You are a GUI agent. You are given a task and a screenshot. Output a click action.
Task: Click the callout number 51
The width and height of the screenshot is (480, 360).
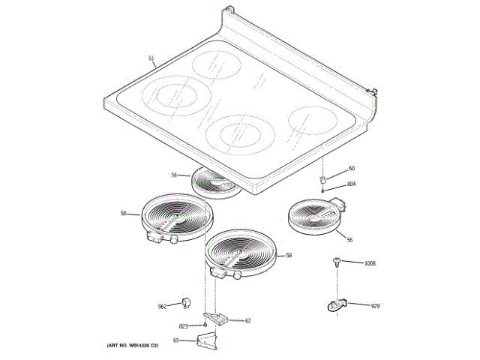(x=151, y=58)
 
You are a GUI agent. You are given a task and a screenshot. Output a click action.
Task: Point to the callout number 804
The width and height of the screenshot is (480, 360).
(x=352, y=184)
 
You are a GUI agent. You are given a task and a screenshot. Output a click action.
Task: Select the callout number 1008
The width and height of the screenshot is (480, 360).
(x=369, y=263)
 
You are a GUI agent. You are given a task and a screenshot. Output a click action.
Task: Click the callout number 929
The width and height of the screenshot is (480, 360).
(x=375, y=306)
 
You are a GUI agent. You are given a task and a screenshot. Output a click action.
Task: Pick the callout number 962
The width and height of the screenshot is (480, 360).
(x=162, y=306)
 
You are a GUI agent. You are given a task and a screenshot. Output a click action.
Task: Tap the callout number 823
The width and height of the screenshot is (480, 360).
(x=183, y=325)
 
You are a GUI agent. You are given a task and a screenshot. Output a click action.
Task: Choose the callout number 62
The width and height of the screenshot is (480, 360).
(x=248, y=320)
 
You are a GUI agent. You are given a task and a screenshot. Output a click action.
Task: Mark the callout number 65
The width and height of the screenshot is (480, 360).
(x=175, y=340)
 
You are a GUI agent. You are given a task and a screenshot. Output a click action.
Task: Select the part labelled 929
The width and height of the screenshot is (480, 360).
(x=336, y=304)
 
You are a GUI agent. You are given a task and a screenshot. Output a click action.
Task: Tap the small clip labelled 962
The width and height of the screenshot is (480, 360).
(x=183, y=302)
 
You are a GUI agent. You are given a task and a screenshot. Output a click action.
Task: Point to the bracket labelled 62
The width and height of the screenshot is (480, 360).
(x=218, y=319)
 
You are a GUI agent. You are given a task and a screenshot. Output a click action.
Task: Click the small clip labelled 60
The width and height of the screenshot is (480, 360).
(x=322, y=181)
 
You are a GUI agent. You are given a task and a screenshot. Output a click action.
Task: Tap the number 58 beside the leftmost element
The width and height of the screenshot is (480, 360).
(x=124, y=214)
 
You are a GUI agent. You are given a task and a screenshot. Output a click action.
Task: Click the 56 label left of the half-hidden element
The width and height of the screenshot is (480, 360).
(x=174, y=175)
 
